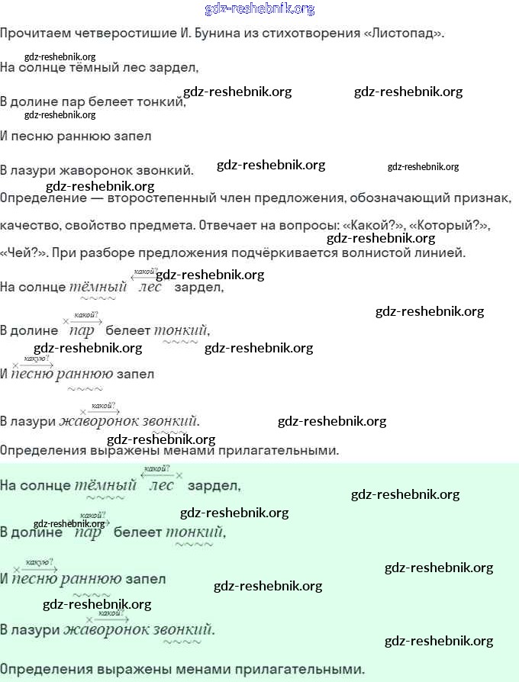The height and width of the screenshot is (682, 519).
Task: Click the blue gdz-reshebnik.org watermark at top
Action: pos(259,9)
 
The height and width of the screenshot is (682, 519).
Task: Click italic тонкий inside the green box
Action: pos(195,532)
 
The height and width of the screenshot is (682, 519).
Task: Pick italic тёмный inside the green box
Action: pos(105,485)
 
